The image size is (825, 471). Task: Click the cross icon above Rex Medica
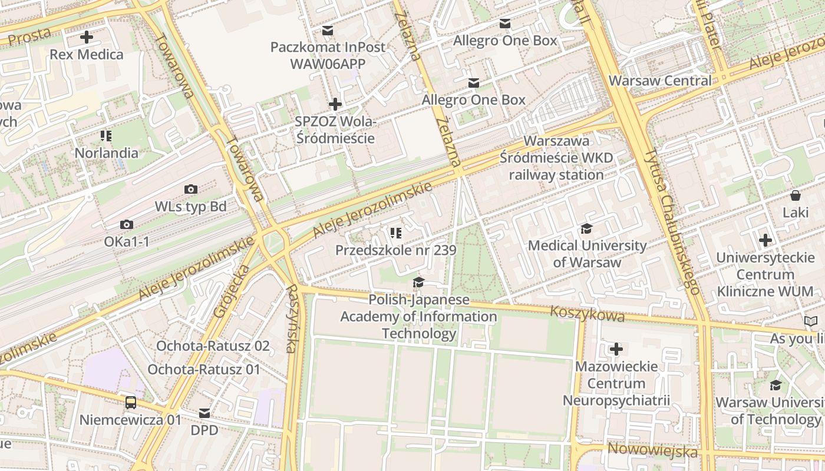pyautogui.click(x=87, y=37)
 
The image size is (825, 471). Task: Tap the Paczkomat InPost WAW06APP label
pyautogui.click(x=328, y=55)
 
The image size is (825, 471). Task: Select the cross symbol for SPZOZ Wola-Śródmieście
pyautogui.click(x=335, y=104)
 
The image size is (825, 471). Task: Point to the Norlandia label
pyautogui.click(x=106, y=153)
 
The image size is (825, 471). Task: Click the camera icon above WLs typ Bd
pyautogui.click(x=190, y=189)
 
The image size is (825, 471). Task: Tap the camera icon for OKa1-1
pyautogui.click(x=126, y=224)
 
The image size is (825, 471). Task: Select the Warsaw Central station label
pyautogui.click(x=660, y=81)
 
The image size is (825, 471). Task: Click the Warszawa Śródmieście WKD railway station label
pyautogui.click(x=556, y=158)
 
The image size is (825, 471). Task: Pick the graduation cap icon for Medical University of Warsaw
pyautogui.click(x=586, y=228)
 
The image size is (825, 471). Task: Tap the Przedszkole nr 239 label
pyautogui.click(x=395, y=250)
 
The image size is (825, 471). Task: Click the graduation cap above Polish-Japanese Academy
pyautogui.click(x=418, y=282)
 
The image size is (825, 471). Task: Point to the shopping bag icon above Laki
pyautogui.click(x=796, y=195)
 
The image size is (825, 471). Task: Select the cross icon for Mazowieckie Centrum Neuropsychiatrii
pyautogui.click(x=616, y=349)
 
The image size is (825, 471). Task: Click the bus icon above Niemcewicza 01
pyautogui.click(x=131, y=403)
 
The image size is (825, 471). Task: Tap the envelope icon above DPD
pyautogui.click(x=204, y=413)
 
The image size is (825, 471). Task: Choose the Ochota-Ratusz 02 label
pyautogui.click(x=213, y=346)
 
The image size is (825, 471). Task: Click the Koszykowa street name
pyautogui.click(x=587, y=314)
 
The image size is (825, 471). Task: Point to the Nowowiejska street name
pyautogui.click(x=652, y=451)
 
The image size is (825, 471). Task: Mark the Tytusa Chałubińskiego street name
pyautogui.click(x=672, y=221)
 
